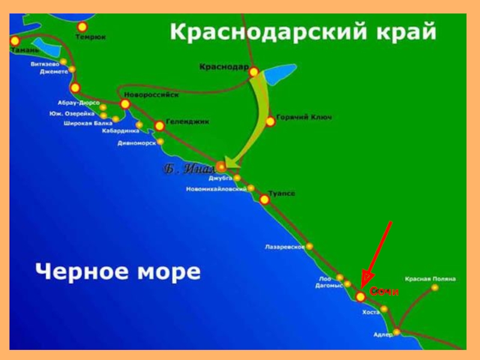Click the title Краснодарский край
coord(303,31)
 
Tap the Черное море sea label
coord(118,271)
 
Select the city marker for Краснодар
coord(254,72)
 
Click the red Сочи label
coord(384,291)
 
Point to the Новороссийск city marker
coord(125,104)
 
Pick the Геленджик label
coord(188,121)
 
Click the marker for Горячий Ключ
coord(270,121)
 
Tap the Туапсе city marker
coord(264,199)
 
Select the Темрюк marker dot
coord(82,26)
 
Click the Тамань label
coord(25,50)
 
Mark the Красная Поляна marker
coord(435,287)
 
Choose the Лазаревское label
coord(285,247)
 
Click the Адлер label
coord(382,334)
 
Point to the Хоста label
coord(371,313)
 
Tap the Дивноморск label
coord(136,143)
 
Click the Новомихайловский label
coord(217,189)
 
